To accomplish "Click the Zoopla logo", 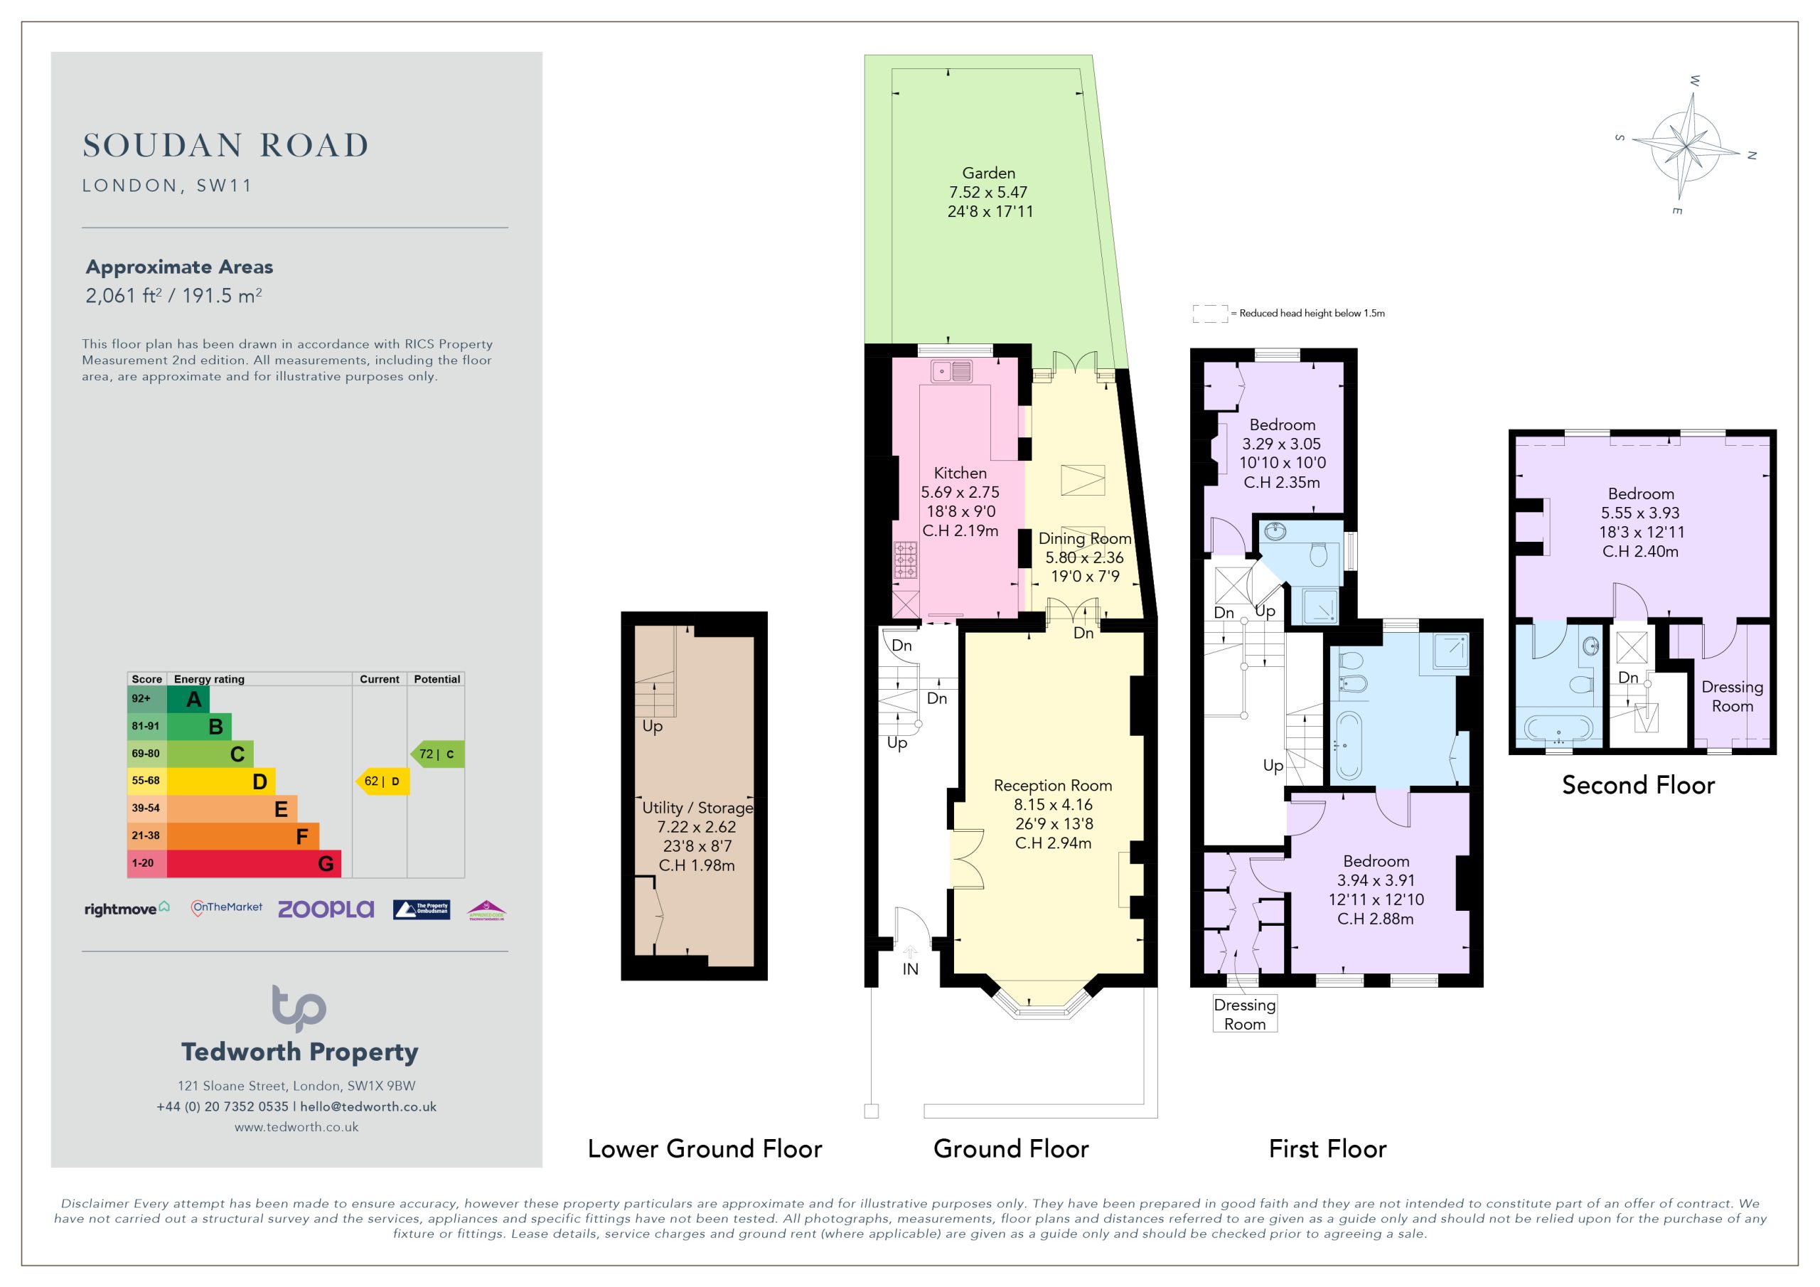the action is pos(326,909).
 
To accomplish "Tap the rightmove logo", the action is pos(127,909).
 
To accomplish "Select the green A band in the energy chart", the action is pos(188,699).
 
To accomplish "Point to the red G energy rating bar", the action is pos(254,863).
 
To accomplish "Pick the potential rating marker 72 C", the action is pos(437,754).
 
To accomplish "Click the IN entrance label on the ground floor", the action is pos(910,969).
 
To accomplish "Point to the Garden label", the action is pos(988,173).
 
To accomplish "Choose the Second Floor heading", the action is pos(1639,785).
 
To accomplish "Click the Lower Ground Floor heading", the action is pos(705,1149).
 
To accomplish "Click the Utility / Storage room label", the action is pos(697,807).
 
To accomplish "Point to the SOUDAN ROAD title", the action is pos(226,145).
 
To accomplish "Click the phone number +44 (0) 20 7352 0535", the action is pos(222,1107).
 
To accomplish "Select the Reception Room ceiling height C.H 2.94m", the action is pos(1054,843).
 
